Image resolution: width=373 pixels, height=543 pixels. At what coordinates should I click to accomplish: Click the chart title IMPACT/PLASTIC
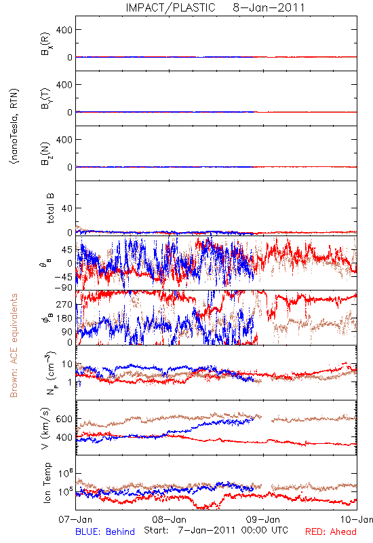tap(171, 7)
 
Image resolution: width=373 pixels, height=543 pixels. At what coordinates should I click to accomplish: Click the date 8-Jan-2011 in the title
tap(269, 7)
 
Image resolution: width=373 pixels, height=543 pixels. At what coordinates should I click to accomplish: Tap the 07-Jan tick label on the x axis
tap(75, 520)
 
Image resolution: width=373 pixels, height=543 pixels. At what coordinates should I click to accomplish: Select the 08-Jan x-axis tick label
tap(169, 520)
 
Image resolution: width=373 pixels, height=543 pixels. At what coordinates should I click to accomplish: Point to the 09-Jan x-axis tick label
tap(263, 520)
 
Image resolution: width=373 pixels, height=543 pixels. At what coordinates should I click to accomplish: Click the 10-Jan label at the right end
tap(357, 520)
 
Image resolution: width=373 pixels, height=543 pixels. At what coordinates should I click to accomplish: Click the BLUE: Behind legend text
tap(105, 531)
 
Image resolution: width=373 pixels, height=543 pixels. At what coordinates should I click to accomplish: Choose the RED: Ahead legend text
tap(331, 531)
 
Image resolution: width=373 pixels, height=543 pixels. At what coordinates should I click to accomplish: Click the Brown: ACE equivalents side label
tap(14, 345)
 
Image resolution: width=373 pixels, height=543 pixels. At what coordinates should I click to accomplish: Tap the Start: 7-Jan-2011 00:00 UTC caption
tap(216, 530)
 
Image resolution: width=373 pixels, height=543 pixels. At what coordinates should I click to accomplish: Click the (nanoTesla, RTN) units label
tap(14, 126)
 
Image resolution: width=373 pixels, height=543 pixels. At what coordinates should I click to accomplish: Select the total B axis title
tap(50, 208)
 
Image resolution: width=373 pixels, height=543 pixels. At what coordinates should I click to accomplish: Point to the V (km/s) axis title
tap(45, 428)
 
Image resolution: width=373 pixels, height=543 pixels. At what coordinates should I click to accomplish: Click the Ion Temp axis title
tap(47, 483)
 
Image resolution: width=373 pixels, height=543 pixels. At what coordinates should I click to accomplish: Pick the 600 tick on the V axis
tap(64, 419)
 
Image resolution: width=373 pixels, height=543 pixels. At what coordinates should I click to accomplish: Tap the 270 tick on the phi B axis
tap(64, 305)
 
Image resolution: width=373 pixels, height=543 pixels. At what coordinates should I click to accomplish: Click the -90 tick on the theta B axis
tap(63, 287)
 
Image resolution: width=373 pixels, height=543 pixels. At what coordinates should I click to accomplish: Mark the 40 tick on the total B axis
tap(67, 208)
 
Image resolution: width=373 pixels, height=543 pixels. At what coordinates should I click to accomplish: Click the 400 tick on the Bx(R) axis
tap(64, 30)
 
